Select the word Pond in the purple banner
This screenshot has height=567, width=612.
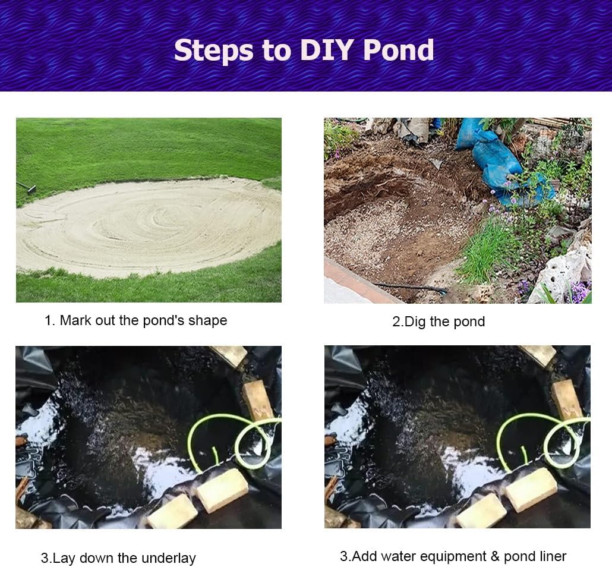(399, 51)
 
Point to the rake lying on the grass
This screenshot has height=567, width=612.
(26, 187)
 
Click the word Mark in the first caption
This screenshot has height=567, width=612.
(75, 320)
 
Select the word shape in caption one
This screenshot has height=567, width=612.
(208, 320)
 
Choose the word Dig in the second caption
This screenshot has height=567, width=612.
(415, 322)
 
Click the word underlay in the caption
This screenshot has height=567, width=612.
(169, 558)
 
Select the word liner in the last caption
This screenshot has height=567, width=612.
(552, 556)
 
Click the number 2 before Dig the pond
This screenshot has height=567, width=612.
(396, 322)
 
